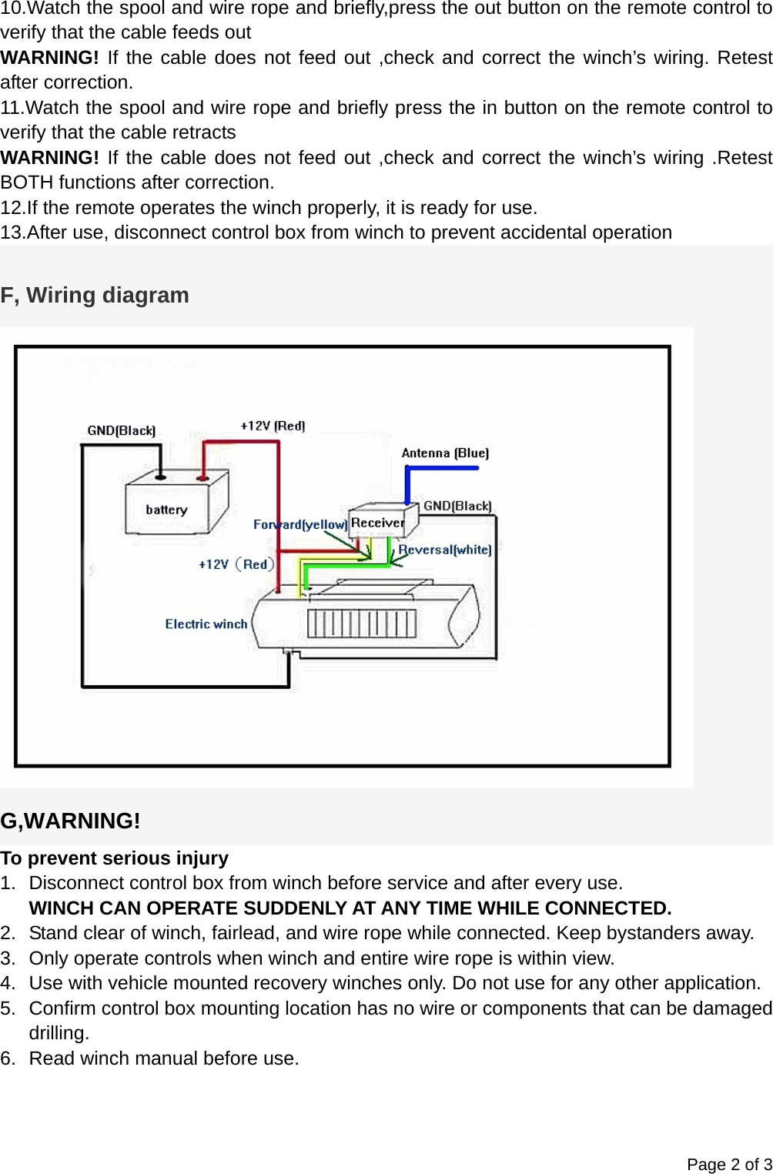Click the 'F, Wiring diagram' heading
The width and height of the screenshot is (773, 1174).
pos(95,295)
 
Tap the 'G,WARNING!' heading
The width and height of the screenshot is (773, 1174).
pos(70,821)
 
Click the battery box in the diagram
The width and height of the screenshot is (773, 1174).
pos(173,505)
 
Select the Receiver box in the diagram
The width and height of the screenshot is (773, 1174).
pos(379,523)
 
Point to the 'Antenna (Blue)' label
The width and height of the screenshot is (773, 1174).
pos(445,453)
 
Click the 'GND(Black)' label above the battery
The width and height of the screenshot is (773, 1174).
pos(122,430)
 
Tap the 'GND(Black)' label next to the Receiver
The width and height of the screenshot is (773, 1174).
pos(457,506)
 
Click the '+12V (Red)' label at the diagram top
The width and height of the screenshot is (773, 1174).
pos(273,426)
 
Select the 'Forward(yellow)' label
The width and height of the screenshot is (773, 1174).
pos(300,524)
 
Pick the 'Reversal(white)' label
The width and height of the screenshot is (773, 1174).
pos(445,550)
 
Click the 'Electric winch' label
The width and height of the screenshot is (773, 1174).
pos(206,624)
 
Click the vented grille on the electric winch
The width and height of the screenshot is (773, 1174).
pos(362,624)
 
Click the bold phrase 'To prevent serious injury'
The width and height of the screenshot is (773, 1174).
pos(114,858)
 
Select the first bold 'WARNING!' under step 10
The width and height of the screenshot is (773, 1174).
pos(49,58)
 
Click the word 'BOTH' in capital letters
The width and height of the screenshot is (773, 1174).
pos(28,182)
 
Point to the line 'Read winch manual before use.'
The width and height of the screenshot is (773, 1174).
pos(164,1059)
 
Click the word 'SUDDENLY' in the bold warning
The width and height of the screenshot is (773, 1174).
pos(293,908)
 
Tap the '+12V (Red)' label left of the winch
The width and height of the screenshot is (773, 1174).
pos(236,564)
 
